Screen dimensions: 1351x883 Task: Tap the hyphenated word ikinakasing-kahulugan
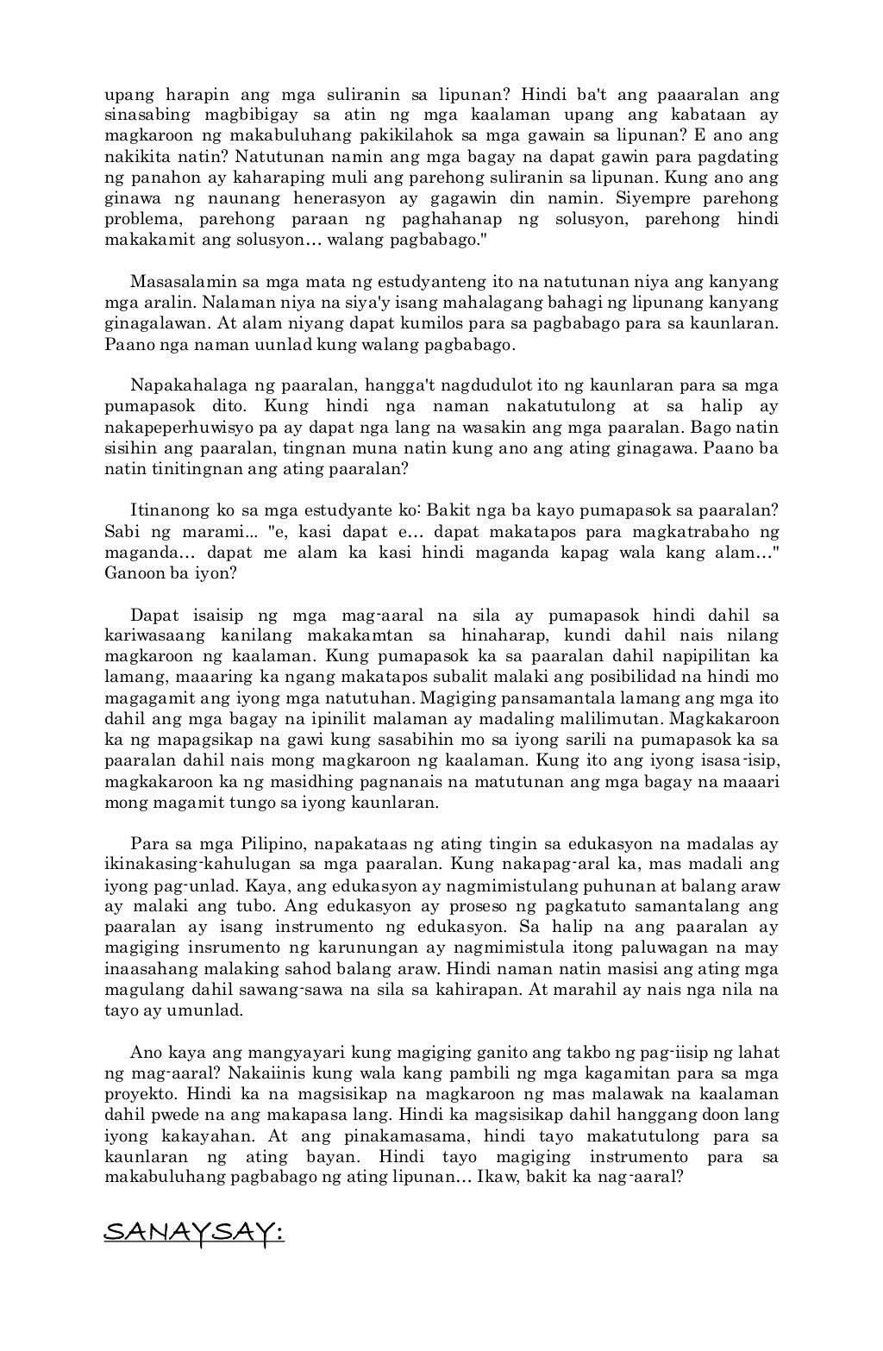point(200,863)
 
